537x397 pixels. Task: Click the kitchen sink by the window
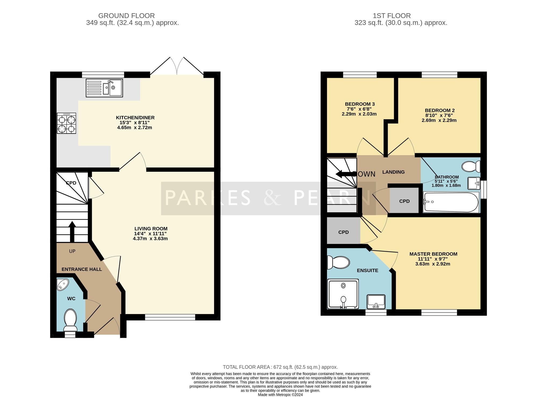104,88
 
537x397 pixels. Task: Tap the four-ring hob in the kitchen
67,123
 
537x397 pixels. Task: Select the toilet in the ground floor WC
70,320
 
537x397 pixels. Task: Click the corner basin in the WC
63,285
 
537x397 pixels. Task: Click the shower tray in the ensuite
343,294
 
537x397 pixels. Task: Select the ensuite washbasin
376,301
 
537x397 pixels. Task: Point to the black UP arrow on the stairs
72,232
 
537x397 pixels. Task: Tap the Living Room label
151,229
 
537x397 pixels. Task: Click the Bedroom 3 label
360,104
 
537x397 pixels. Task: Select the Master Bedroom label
433,254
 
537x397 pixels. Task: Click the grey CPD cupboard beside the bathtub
404,201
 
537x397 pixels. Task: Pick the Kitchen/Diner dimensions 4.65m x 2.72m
135,128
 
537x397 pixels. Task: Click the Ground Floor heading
126,16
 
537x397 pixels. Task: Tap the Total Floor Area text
280,367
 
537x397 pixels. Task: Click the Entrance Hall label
82,269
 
